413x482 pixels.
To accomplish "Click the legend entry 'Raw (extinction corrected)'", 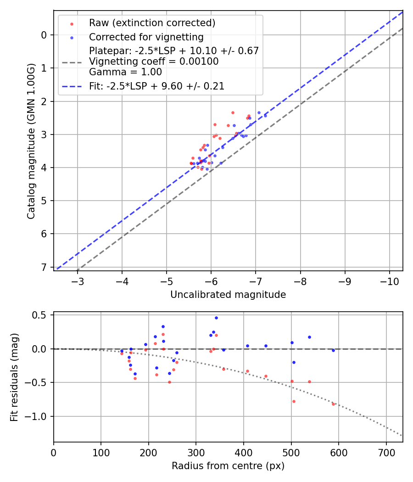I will click(x=152, y=23).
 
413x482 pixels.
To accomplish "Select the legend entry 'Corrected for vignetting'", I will click(x=146, y=37).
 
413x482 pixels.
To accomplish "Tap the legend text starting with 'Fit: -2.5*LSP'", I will click(x=156, y=86).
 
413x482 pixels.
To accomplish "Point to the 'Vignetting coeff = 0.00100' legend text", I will click(x=154, y=62).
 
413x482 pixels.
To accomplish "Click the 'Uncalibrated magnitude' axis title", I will click(x=228, y=295).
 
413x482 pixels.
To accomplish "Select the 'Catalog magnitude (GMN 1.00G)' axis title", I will click(x=31, y=140).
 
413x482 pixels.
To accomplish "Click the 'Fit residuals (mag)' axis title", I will click(x=14, y=377).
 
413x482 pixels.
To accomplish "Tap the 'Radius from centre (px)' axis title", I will click(x=228, y=466).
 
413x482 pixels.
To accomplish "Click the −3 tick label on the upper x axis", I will click(x=78, y=280).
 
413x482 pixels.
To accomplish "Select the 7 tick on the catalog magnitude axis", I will click(x=44, y=267).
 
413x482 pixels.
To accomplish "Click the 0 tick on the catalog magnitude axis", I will click(x=44, y=35).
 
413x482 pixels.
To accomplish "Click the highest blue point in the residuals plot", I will click(x=216, y=318).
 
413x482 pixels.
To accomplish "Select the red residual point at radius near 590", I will click(x=333, y=404).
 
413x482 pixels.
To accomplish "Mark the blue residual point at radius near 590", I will click(x=333, y=350).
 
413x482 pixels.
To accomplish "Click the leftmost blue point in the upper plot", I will click(x=194, y=163).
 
